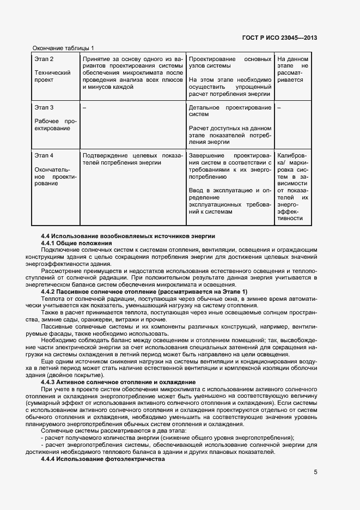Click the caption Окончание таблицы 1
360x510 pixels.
(63, 48)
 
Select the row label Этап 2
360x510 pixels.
(44, 59)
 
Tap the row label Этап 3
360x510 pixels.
(44, 108)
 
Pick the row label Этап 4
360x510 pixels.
(44, 156)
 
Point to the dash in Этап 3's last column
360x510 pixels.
(279, 108)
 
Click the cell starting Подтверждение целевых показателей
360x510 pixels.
(132, 159)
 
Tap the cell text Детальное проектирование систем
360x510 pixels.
(229, 111)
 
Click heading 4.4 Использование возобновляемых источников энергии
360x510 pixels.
(128, 236)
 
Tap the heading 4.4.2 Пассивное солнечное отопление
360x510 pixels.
(144, 292)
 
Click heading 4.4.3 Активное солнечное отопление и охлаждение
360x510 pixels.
(118, 382)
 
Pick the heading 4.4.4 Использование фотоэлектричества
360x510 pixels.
(102, 459)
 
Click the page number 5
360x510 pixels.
(315, 472)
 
